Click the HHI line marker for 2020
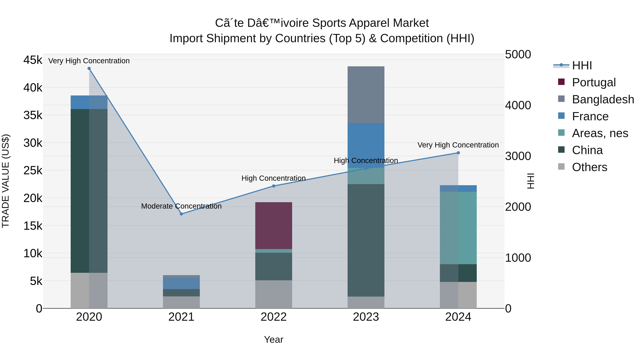click(89, 68)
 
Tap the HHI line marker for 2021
click(182, 214)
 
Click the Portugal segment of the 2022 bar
click(274, 225)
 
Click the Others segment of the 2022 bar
click(274, 294)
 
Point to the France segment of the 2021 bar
click(182, 283)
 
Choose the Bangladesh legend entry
click(602, 99)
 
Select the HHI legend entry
click(582, 65)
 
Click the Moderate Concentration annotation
click(182, 206)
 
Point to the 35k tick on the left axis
click(33, 115)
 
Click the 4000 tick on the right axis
click(518, 105)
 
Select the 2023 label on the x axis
click(366, 317)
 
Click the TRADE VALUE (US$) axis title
click(6, 181)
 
